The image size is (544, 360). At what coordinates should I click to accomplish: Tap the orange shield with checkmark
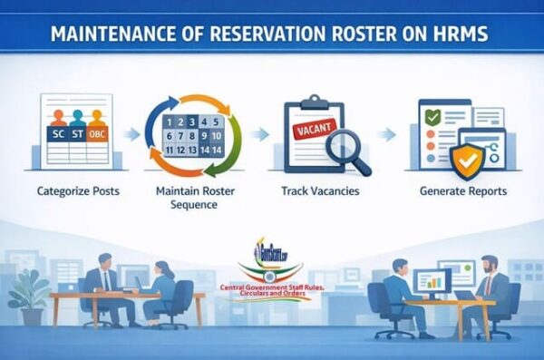tap(468, 160)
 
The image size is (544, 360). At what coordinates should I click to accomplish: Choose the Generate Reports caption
tap(463, 192)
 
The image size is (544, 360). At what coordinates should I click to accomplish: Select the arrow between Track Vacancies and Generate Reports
tap(389, 134)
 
